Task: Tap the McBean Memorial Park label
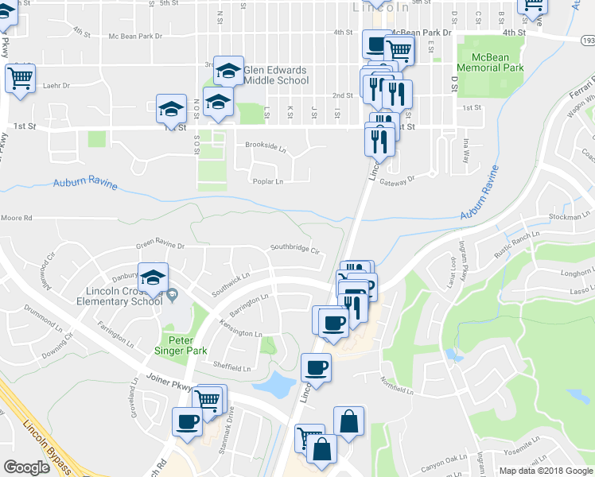coord(497,63)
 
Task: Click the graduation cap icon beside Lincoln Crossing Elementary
coord(154,279)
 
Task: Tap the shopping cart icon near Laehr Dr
coord(20,79)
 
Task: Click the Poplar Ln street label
coord(268,181)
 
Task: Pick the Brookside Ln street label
coord(265,145)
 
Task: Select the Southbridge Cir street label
coord(294,250)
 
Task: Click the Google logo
coord(26,467)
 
